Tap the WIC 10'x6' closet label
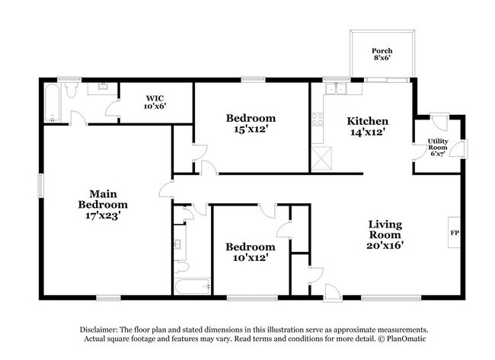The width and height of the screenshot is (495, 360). [155, 102]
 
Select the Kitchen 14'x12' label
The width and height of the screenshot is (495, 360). [368, 126]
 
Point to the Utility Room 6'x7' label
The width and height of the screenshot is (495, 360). [438, 148]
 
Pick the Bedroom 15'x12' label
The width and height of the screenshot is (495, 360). [251, 124]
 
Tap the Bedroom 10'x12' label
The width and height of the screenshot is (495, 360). [251, 252]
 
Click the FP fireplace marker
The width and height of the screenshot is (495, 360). [455, 233]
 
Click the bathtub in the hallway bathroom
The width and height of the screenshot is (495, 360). [193, 288]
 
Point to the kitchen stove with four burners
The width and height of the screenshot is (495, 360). [318, 119]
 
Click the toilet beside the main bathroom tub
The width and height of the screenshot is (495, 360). [70, 91]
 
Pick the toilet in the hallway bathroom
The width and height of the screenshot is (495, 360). [180, 269]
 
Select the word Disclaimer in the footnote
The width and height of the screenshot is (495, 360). [102, 328]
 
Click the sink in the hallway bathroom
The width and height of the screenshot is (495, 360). [177, 244]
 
